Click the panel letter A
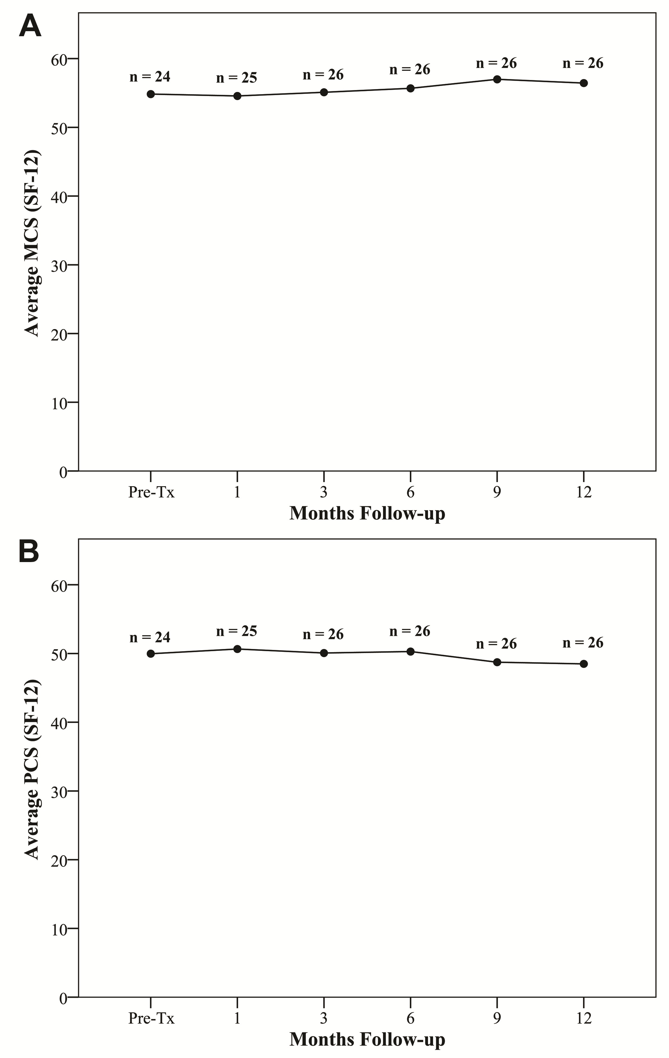click(x=30, y=26)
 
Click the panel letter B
click(x=29, y=552)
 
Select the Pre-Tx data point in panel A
click(x=151, y=94)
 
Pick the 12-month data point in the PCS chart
click(x=584, y=664)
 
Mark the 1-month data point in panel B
click(x=237, y=649)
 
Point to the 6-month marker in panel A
click(x=410, y=88)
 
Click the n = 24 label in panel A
click(x=150, y=77)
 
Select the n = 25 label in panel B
click(x=237, y=631)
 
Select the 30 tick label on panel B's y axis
click(x=59, y=791)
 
